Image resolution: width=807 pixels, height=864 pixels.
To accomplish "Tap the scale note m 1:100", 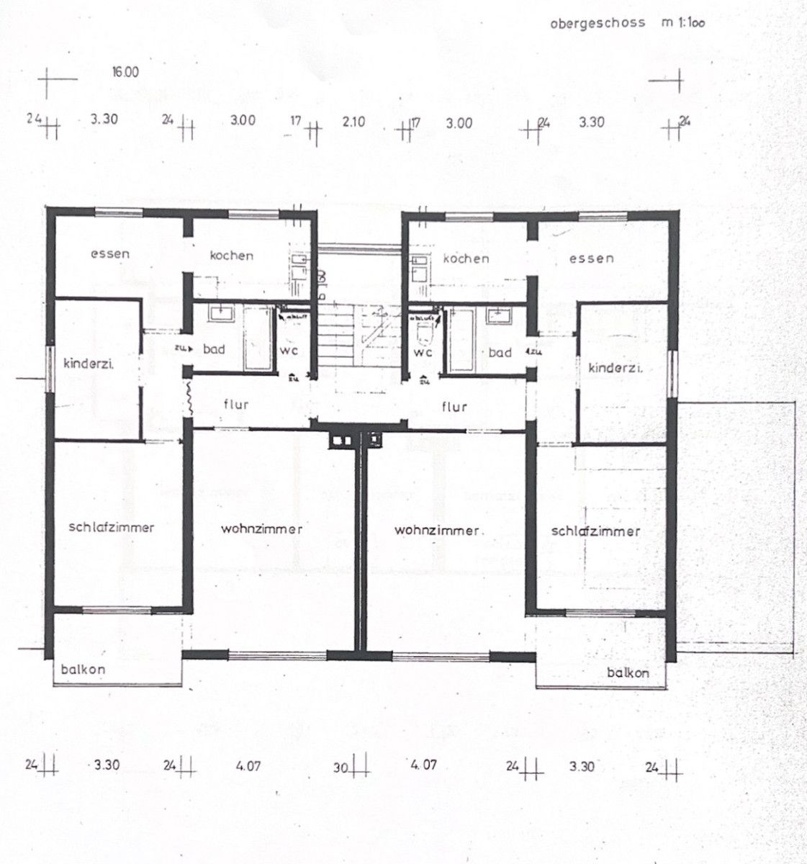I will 683,22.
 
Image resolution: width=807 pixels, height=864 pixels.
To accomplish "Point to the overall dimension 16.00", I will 125,72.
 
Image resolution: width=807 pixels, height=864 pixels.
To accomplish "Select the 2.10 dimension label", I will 353,122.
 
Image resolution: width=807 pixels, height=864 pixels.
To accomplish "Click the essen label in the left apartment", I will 110,253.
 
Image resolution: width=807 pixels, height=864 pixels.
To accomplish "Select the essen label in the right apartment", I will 591,258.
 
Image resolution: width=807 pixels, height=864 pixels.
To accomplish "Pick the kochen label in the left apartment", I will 231,255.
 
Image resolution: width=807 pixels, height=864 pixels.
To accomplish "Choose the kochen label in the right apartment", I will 466,258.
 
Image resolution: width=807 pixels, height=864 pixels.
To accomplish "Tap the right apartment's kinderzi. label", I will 616,368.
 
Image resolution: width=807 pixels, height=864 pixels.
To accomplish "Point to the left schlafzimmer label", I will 112,527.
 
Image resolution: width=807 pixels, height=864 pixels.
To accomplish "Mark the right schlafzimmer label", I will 595,531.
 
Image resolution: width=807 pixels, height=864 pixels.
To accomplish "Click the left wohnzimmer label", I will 262,529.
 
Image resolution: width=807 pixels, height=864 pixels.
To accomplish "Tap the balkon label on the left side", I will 84,669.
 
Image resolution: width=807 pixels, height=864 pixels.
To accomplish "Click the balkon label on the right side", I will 628,673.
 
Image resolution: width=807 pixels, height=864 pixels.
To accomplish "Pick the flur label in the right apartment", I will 454,407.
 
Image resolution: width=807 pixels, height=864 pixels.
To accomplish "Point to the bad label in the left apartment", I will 214,349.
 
